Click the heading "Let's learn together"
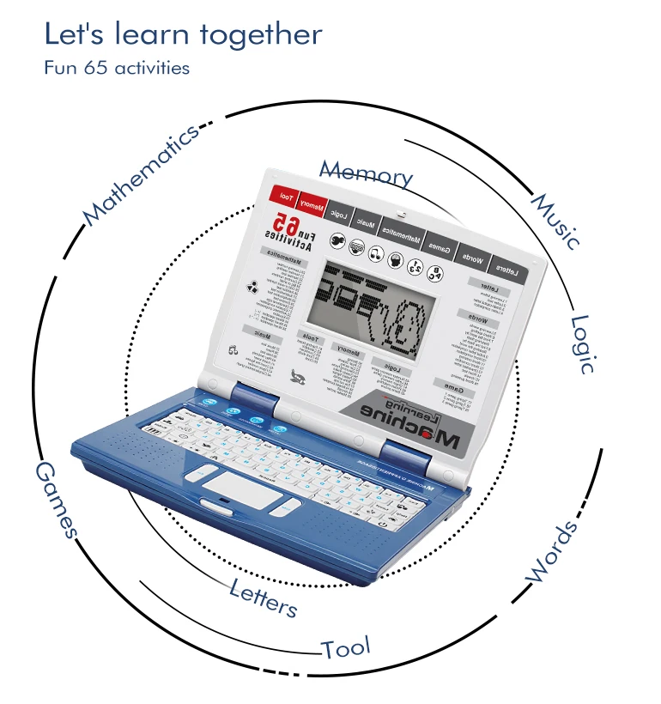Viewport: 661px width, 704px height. pos(183,35)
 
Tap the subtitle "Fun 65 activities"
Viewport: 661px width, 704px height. pos(117,68)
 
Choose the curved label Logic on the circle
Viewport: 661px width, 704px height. pos(584,343)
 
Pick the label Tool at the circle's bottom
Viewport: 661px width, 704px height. pos(346,647)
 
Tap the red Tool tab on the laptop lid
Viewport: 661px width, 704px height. pos(284,198)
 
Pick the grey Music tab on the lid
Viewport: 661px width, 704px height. pos(366,225)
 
